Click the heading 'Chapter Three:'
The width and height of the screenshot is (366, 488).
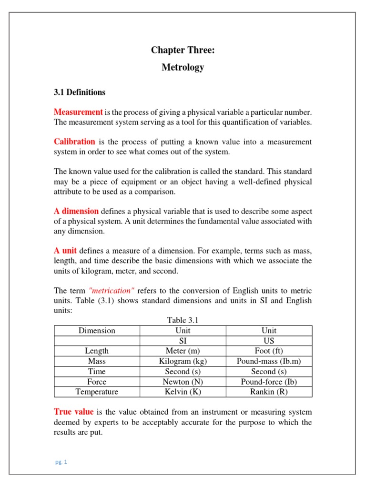coord(183,50)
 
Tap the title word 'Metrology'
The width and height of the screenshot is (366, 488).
coord(183,67)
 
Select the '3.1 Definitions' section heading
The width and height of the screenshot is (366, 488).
coord(80,92)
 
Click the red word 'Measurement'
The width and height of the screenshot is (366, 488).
coord(78,112)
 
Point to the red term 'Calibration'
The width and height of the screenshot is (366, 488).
coord(74,142)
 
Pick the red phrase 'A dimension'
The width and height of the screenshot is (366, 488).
coord(76,211)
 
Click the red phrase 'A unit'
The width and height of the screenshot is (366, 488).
coord(65,251)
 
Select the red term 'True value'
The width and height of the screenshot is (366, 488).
coord(73,412)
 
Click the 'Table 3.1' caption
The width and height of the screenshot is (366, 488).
coord(183,320)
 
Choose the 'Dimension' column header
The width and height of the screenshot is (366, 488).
coord(97,330)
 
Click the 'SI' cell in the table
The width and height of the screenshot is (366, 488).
coord(183,341)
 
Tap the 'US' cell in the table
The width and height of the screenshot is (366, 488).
coord(269,341)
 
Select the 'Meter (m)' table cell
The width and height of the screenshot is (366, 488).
coord(183,351)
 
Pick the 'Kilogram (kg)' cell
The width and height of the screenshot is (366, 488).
coord(183,361)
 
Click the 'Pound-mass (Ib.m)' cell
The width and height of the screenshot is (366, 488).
coord(269,361)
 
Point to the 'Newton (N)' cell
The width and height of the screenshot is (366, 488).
coord(183,382)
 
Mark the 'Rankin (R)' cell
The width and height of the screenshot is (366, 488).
coord(269,392)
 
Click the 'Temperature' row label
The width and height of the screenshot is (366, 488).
coord(97,392)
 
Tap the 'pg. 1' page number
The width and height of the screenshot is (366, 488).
coord(61,462)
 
